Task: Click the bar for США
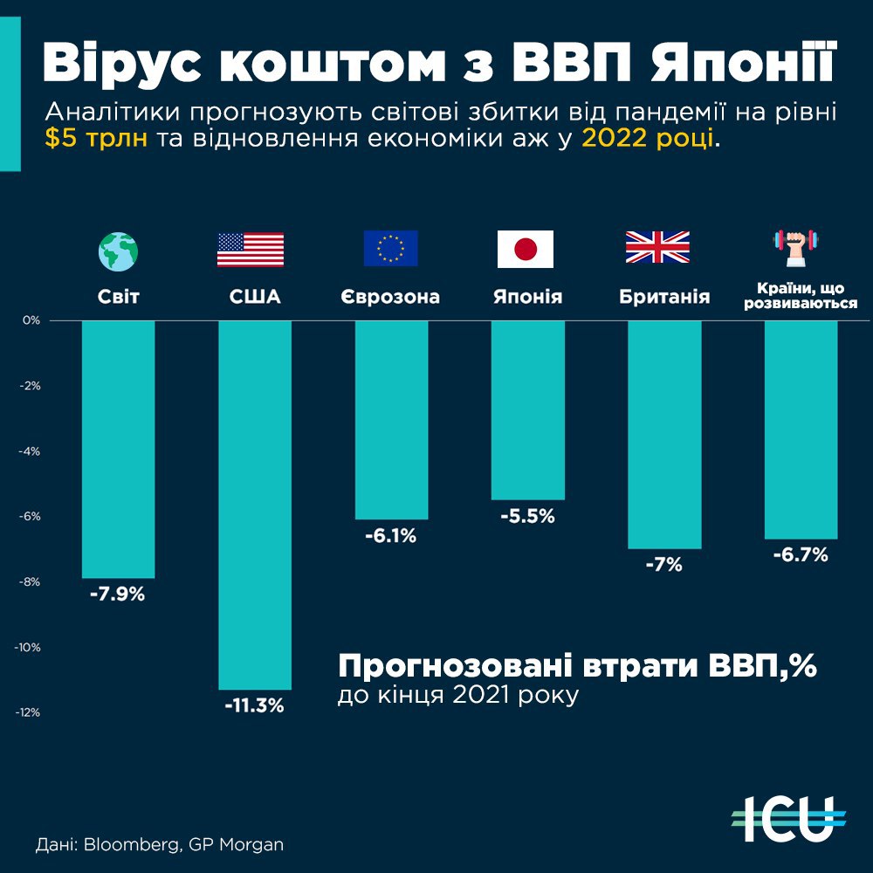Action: [255, 505]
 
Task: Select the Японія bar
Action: [527, 409]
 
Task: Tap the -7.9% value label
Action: [117, 596]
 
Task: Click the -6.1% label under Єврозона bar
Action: [390, 536]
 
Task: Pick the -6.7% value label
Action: [800, 555]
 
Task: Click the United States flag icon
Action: [251, 249]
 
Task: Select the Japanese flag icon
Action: [526, 249]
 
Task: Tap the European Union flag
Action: [390, 249]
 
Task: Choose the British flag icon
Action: [657, 248]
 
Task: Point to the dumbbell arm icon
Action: [800, 247]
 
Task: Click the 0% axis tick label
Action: [32, 320]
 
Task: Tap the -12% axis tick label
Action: [29, 712]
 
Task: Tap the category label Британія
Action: [664, 297]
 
